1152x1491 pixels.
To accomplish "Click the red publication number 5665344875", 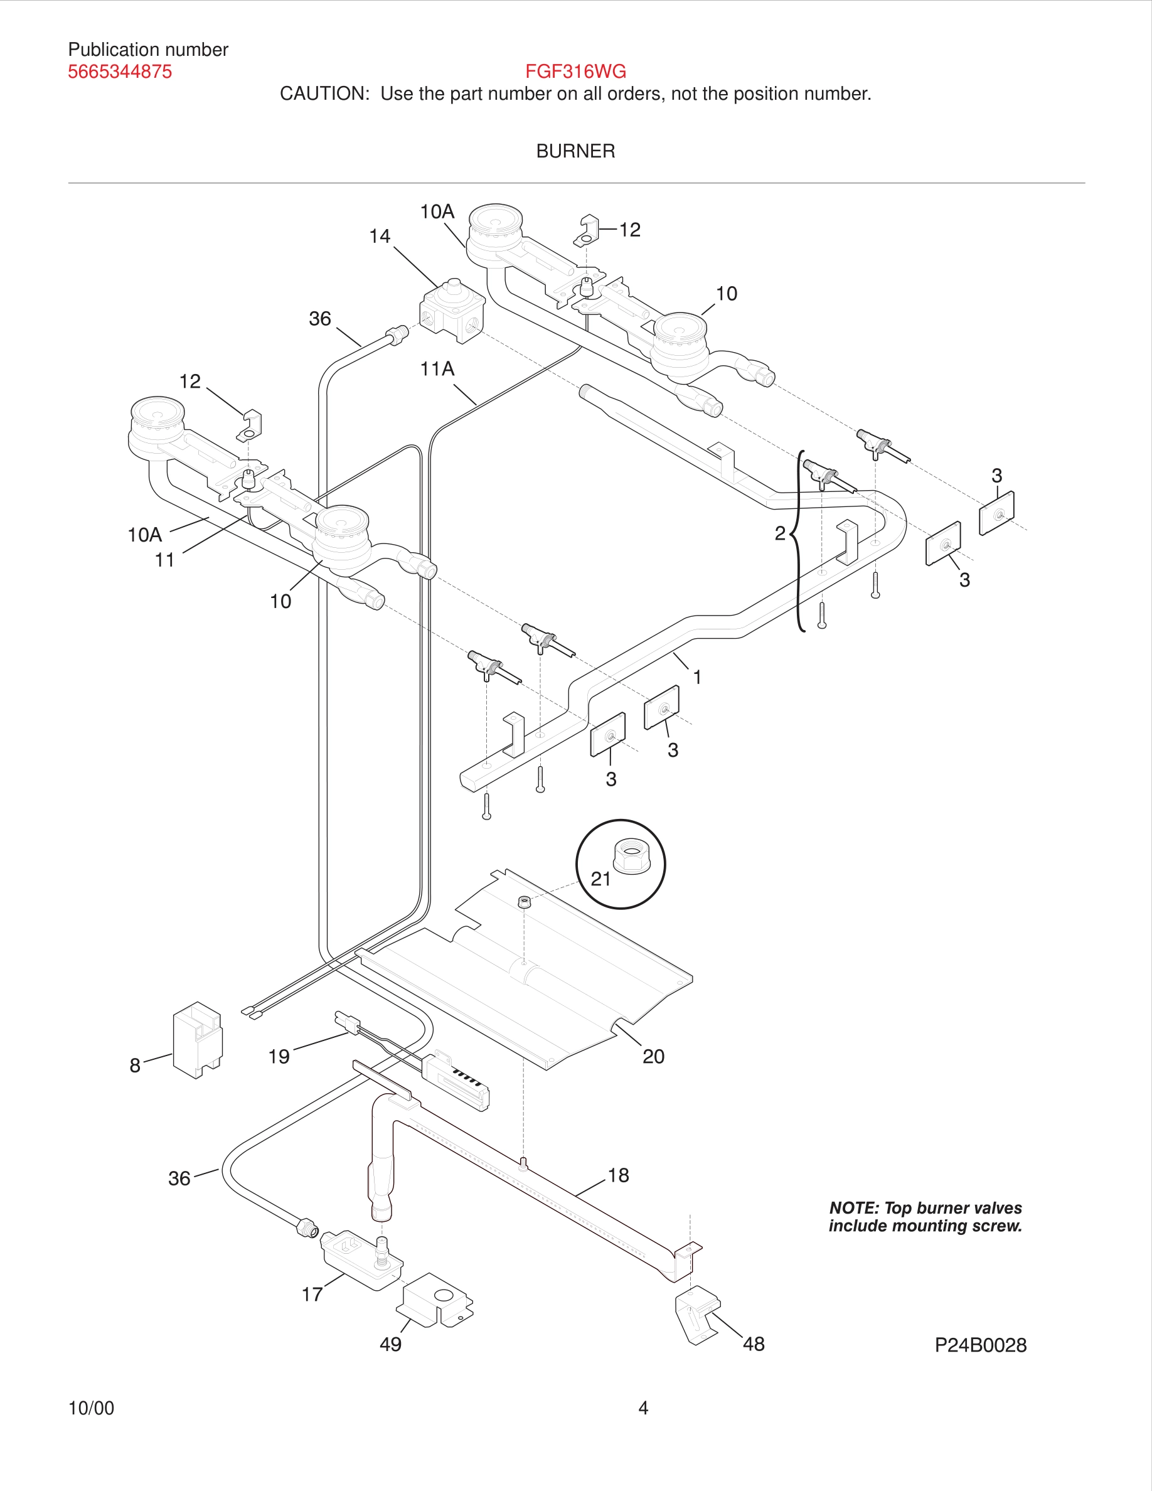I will [x=119, y=72].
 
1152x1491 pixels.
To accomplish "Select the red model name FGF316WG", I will [x=575, y=71].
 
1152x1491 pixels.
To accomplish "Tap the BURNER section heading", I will [x=575, y=151].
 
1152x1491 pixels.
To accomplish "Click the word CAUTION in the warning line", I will [x=324, y=94].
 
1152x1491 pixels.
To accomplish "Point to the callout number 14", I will [x=380, y=236].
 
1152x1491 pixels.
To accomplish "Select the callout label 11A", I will [x=437, y=368].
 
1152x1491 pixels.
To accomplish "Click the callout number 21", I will [x=600, y=879].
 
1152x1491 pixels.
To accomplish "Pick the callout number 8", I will [x=135, y=1066].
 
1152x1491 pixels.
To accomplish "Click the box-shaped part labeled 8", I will [x=197, y=1040].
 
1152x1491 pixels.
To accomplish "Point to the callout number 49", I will [x=390, y=1344].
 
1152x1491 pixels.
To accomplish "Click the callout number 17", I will [x=312, y=1295].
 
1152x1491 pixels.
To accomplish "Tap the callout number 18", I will [x=618, y=1175].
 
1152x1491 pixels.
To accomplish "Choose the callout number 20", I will [x=653, y=1056].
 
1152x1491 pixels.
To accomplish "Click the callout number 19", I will [x=279, y=1056].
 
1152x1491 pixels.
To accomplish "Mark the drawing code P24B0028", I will [x=980, y=1345].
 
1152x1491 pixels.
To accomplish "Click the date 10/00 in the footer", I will [x=92, y=1408].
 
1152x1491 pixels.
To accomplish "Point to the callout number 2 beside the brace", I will [x=780, y=533].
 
